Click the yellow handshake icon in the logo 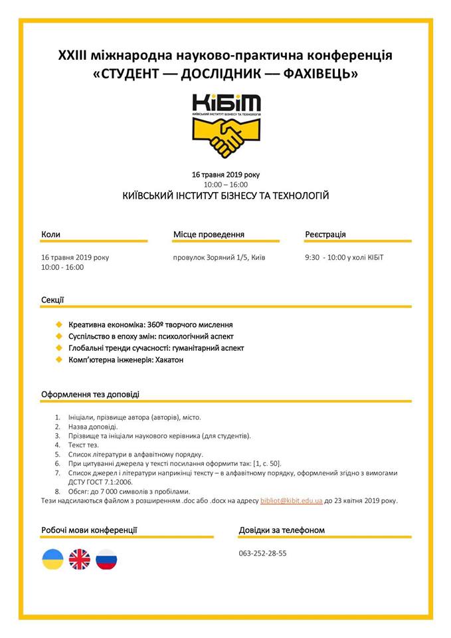[226, 138]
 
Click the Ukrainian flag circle [53, 559]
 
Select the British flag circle [80, 559]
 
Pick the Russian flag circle [106, 559]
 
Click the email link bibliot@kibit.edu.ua [292, 500]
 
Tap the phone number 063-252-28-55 [262, 553]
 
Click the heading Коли [50, 235]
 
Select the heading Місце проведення [209, 235]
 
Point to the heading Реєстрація [325, 235]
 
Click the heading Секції [52, 300]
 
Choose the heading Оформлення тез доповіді [90, 394]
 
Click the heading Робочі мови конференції [89, 530]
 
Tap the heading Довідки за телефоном [282, 530]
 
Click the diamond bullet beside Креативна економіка [59, 325]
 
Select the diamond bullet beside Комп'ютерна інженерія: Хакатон [59, 360]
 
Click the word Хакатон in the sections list [169, 360]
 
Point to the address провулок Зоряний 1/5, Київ [219, 257]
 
